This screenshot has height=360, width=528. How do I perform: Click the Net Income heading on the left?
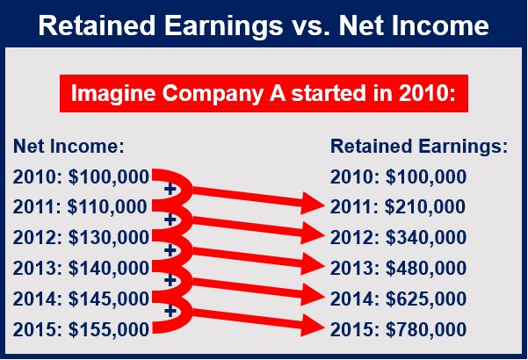point(69,147)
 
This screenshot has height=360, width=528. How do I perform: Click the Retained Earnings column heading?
point(419,147)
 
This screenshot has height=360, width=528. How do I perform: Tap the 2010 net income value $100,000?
point(109,177)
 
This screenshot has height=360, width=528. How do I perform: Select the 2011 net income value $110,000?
point(107,207)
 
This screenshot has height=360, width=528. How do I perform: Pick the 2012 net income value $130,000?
point(109,238)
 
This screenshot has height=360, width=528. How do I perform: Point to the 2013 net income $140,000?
point(109,268)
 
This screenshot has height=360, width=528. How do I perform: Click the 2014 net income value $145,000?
point(109,299)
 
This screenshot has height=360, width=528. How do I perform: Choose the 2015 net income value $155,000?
point(109,329)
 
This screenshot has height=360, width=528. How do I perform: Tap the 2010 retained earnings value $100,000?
point(426,177)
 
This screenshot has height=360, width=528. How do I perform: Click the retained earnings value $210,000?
point(425,207)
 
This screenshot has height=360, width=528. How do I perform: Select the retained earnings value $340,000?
point(426,238)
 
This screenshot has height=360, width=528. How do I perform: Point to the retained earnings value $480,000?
point(426,268)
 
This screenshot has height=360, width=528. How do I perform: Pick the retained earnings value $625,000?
point(426,299)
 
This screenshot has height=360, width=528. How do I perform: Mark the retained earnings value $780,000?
point(426,329)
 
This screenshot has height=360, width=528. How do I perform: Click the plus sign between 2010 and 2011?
point(170,189)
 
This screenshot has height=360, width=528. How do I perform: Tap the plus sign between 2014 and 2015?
point(170,311)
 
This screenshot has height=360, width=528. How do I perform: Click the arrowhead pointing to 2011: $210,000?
point(313,203)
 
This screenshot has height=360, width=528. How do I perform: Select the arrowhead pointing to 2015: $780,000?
point(313,326)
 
